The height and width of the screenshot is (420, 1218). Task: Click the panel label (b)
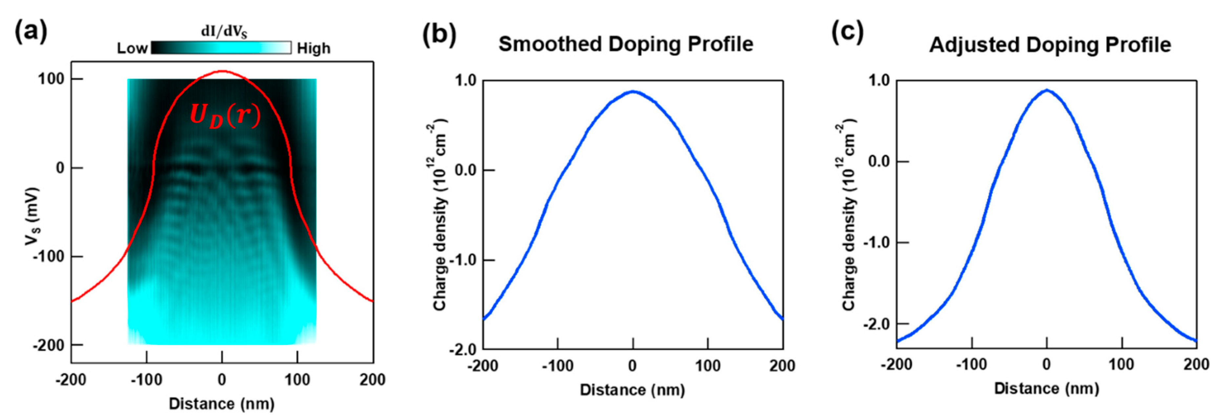click(x=439, y=35)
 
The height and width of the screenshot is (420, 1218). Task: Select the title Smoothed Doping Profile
click(x=625, y=44)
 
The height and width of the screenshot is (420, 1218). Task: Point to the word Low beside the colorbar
click(x=132, y=48)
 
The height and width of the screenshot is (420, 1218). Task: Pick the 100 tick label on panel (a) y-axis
click(x=51, y=79)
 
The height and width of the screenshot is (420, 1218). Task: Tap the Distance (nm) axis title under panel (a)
click(x=221, y=404)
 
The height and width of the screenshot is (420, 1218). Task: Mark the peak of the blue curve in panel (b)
click(x=633, y=91)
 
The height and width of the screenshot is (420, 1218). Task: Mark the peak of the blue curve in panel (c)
click(x=1047, y=90)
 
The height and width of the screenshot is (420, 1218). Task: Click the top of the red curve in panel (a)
click(x=222, y=71)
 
